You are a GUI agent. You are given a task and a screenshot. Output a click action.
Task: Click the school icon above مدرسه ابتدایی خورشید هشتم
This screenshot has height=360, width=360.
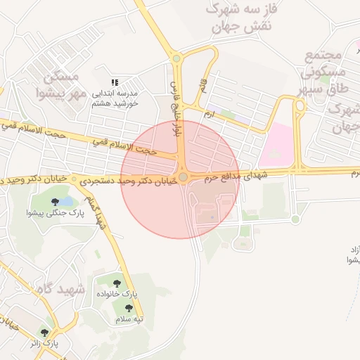[x=115, y=82]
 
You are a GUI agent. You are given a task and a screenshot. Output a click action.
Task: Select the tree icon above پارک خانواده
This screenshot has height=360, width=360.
[x=117, y=283]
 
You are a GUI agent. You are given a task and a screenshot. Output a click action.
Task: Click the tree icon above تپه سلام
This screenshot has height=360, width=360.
[x=129, y=308]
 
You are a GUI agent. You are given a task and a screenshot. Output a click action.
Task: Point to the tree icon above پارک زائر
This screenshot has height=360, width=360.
[x=45, y=333]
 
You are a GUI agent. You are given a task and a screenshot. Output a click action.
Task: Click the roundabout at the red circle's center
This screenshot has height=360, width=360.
[x=183, y=178]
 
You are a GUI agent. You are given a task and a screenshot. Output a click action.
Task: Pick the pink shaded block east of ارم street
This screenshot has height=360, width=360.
[x=276, y=145]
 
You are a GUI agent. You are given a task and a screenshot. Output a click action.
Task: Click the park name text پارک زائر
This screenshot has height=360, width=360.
[x=44, y=344]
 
